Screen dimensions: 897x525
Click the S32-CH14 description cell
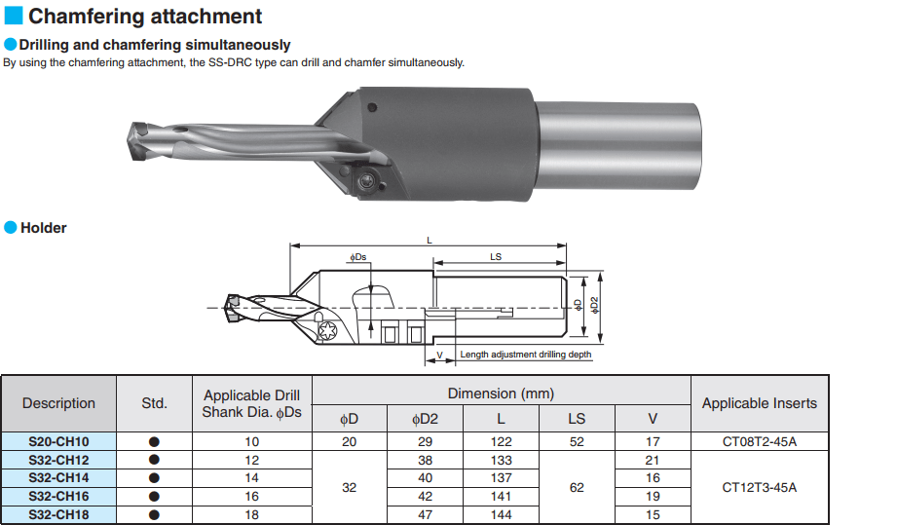coord(58,478)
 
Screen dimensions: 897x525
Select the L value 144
coord(501,514)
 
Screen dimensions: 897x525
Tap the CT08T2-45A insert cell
coord(759,441)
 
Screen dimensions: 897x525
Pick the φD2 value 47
coord(425,514)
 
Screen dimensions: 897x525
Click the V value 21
coord(653,460)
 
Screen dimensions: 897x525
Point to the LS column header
coord(577,419)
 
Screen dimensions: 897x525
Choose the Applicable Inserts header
coord(759,403)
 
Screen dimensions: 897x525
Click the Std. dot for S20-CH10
coord(154,441)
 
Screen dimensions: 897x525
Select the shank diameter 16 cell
coord(251,497)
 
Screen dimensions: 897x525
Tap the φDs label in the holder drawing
coord(358,257)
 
